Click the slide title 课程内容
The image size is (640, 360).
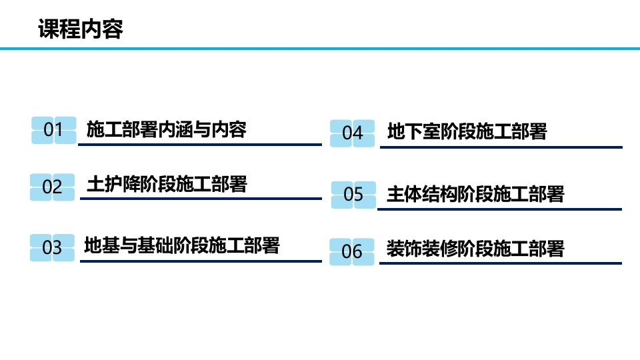(81, 29)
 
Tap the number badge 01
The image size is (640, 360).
(53, 130)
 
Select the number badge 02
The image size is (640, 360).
(52, 187)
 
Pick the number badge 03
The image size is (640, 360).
(52, 248)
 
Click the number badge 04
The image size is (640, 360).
(352, 133)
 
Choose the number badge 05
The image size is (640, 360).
(353, 195)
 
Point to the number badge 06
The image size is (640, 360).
(352, 252)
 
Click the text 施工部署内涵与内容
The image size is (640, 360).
(167, 129)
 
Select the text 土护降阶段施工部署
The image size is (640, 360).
(167, 183)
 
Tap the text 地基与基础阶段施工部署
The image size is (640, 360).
(182, 245)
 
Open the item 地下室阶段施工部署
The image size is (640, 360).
(467, 131)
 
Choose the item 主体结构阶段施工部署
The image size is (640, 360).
(475, 194)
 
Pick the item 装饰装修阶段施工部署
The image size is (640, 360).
(475, 249)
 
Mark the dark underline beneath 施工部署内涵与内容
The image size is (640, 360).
(201, 144)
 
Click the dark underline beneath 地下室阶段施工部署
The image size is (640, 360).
(501, 147)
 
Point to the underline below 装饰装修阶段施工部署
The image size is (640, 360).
(501, 263)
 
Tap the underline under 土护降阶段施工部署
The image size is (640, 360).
(201, 198)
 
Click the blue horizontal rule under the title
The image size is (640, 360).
(320, 48)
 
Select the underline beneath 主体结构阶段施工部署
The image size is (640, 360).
(499, 209)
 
